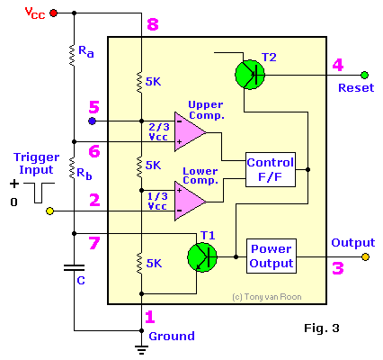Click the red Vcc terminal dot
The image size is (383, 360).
point(54,13)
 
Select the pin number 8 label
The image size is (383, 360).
point(152,24)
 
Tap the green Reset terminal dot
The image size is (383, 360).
point(365,75)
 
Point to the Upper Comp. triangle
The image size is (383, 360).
point(189,130)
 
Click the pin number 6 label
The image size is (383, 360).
point(94,151)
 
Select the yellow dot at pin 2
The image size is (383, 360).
point(50,211)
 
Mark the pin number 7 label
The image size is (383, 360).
point(94,243)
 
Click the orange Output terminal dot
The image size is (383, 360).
point(365,256)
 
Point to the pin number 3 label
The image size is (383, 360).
point(337,267)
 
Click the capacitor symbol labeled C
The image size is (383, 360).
point(74,267)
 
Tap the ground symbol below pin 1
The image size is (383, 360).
point(140,346)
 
